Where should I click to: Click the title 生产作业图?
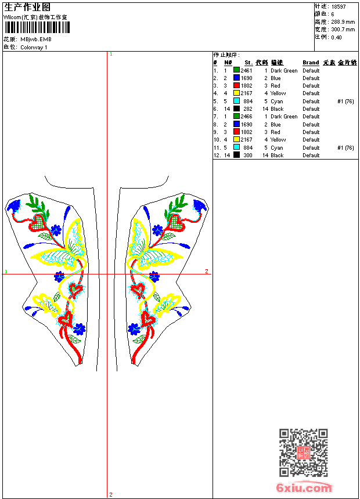(x=27, y=7)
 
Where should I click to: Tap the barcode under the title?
(x=35, y=27)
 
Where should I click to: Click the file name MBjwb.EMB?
(x=36, y=39)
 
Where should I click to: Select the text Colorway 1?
(x=34, y=48)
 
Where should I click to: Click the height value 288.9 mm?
(x=343, y=21)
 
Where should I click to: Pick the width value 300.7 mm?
(x=343, y=29)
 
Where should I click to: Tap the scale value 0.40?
(x=336, y=37)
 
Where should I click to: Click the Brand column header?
(x=311, y=63)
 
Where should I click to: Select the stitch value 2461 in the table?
(x=247, y=71)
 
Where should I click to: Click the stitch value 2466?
(x=247, y=117)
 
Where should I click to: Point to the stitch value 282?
(x=248, y=109)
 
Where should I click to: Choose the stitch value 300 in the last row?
(x=248, y=156)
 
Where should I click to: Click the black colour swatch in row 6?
(x=237, y=109)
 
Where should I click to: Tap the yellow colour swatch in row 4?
(x=237, y=93)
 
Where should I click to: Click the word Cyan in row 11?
(x=277, y=148)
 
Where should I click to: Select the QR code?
(x=303, y=453)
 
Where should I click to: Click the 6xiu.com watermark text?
(x=304, y=489)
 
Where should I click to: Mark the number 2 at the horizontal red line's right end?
(x=206, y=272)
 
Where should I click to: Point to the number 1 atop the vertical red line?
(x=111, y=54)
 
